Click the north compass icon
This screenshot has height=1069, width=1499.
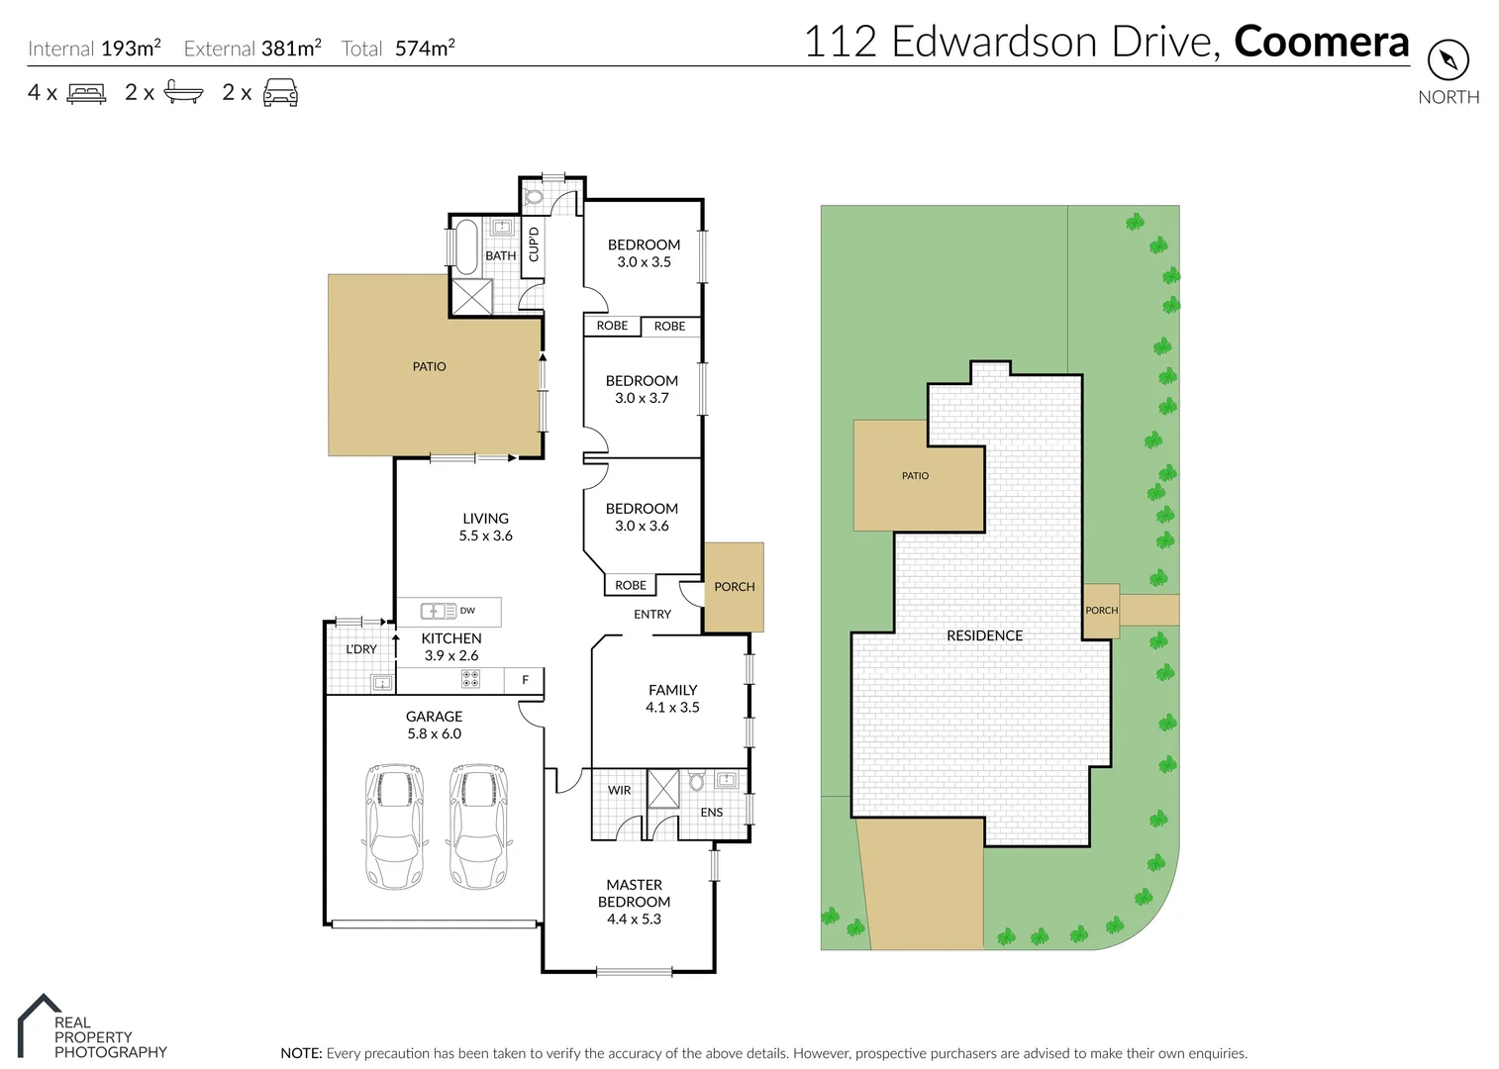(1448, 59)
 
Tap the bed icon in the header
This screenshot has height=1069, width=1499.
(86, 93)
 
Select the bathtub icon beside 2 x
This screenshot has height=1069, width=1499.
(183, 93)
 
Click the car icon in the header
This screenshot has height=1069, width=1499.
(280, 93)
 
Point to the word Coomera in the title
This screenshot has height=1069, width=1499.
(1321, 42)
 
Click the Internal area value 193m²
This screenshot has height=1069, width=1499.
(131, 48)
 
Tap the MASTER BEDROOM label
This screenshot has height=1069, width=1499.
(634, 893)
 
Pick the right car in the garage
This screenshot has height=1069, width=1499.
(480, 826)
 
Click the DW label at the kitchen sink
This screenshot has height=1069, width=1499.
(467, 611)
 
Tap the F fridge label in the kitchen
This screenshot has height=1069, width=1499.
(525, 680)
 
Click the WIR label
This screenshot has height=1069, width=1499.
(620, 790)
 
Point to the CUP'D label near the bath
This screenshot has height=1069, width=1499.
(534, 244)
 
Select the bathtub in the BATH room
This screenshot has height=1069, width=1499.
(465, 246)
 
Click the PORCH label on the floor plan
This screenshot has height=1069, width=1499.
(734, 587)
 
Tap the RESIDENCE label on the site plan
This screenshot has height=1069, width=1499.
(984, 635)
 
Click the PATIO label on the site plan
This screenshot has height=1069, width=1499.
(915, 476)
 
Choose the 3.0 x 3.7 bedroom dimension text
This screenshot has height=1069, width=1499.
(642, 398)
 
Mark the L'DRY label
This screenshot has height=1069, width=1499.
(360, 649)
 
